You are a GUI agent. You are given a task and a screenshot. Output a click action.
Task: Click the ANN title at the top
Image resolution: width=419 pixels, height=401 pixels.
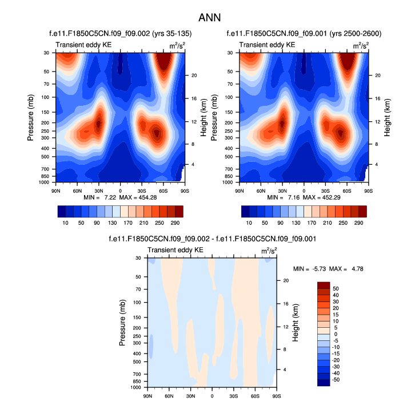pyautogui.click(x=209, y=17)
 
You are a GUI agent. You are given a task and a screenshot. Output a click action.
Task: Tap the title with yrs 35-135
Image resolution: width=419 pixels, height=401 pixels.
pyautogui.click(x=119, y=33)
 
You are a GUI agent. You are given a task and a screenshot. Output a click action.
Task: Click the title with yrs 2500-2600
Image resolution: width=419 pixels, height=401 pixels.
pyautogui.click(x=304, y=33)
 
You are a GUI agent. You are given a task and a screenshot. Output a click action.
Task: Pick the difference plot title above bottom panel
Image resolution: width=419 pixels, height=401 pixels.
pyautogui.click(x=212, y=239)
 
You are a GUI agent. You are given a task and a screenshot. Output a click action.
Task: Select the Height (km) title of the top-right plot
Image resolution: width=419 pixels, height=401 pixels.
pyautogui.click(x=386, y=117)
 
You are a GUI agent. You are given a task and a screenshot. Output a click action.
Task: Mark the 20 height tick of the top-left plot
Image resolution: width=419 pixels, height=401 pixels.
pyautogui.click(x=194, y=75)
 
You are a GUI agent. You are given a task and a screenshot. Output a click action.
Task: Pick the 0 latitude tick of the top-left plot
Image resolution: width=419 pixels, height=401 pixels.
pyautogui.click(x=120, y=190)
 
